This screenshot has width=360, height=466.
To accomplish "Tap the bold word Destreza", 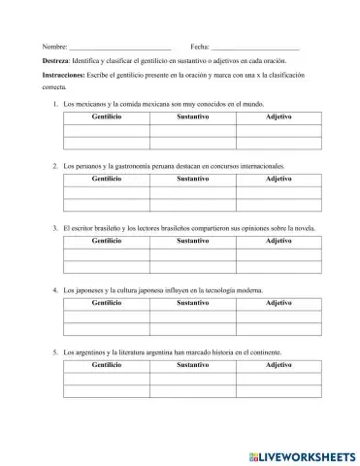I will coord(55,60).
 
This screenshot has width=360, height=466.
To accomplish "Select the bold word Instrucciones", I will coord(64,75).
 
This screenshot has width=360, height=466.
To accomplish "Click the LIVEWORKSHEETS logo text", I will coord(302,454).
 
